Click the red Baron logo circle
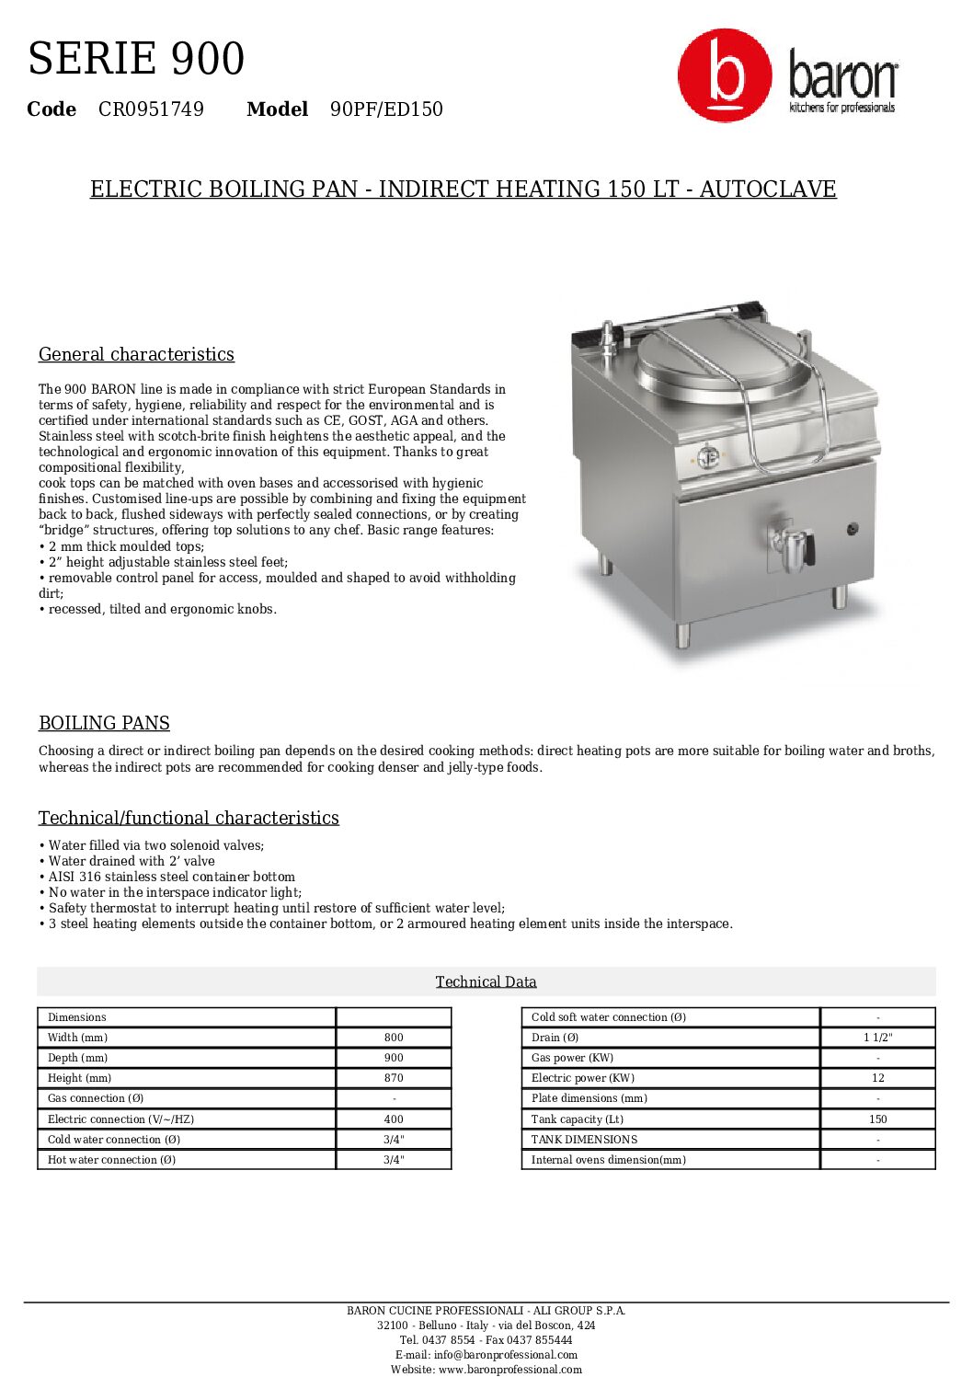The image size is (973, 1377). click(725, 75)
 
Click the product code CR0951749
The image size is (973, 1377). click(151, 109)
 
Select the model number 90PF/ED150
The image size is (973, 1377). click(386, 109)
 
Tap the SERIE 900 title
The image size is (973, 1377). click(136, 59)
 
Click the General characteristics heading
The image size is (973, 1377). click(136, 354)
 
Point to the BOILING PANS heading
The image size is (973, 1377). click(104, 723)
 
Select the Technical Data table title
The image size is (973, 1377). click(486, 981)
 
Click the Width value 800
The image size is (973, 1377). click(394, 1038)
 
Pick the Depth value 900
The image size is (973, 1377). click(394, 1058)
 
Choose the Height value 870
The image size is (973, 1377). click(394, 1078)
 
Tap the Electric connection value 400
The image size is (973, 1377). click(394, 1119)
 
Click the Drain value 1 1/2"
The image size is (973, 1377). click(877, 1038)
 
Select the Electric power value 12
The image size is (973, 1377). click(877, 1078)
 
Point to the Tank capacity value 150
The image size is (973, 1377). click(877, 1119)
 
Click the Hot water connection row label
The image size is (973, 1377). click(111, 1160)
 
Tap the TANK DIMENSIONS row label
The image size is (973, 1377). click(584, 1140)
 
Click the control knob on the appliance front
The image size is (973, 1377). click(707, 455)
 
